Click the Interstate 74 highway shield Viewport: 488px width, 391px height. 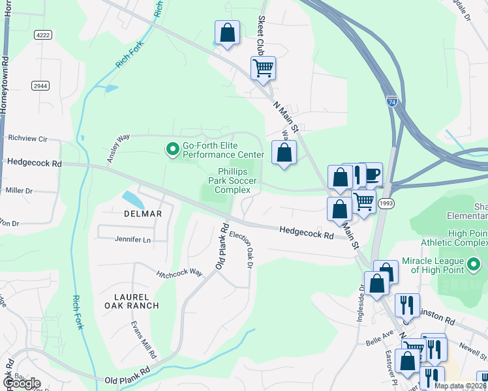coord(391,102)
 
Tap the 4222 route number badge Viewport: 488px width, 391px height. coord(43,35)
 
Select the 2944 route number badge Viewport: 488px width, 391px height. coord(40,86)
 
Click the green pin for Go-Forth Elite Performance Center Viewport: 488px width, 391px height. coord(173,150)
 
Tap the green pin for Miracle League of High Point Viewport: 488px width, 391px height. coord(474,265)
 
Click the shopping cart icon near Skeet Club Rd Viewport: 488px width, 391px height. coord(263,67)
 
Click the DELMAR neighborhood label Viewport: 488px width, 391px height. coord(142,213)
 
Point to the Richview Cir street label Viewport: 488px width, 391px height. coord(28,139)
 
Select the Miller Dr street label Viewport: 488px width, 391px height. coord(19,191)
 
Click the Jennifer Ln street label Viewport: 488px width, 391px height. coord(133,240)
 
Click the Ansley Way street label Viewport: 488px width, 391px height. coord(114,149)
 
